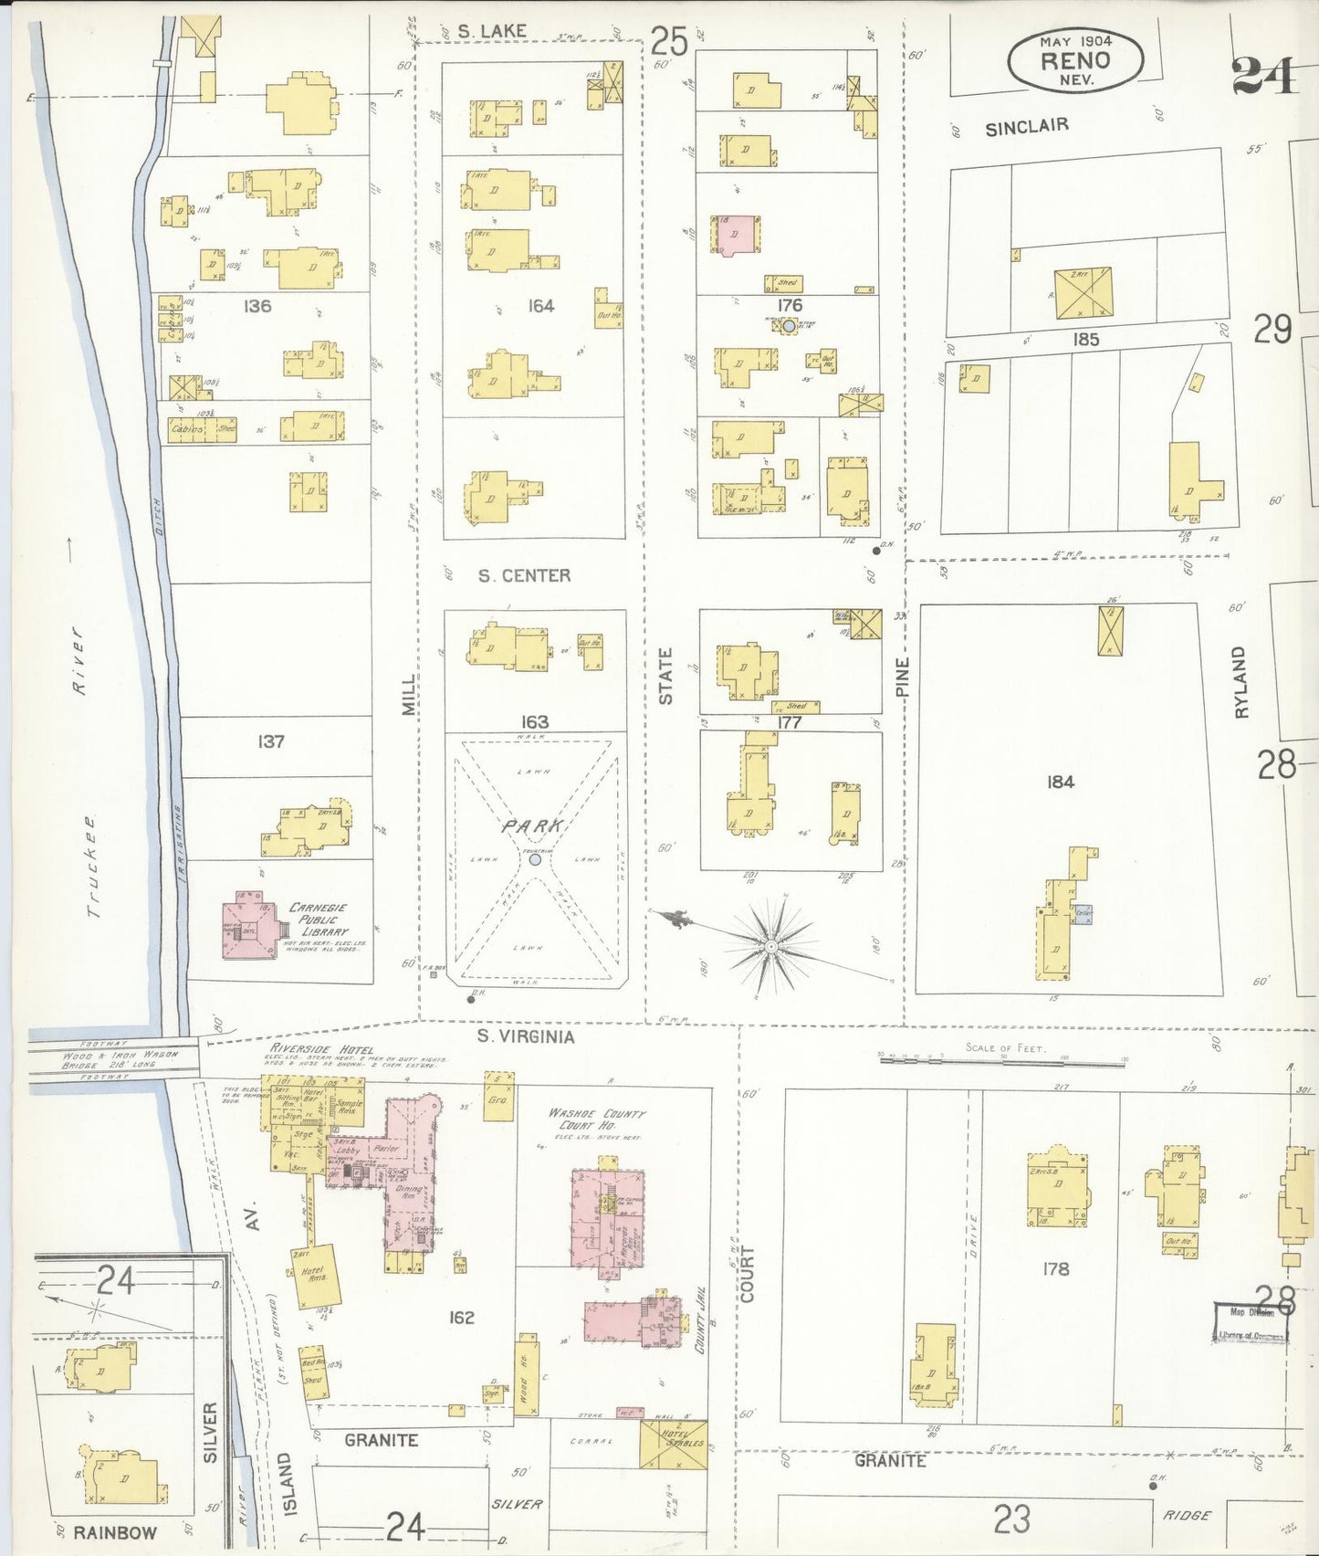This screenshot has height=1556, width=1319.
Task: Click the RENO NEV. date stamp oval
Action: pyautogui.click(x=1074, y=59)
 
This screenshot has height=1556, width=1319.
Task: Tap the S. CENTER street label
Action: pyautogui.click(x=525, y=575)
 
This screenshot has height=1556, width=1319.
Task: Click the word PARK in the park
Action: pyautogui.click(x=534, y=825)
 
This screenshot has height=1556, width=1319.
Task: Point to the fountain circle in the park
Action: pyautogui.click(x=535, y=860)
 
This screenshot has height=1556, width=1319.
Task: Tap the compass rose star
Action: pyautogui.click(x=771, y=947)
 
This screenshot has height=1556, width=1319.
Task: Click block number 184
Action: pyautogui.click(x=1060, y=782)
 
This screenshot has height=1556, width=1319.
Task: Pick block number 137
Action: pyautogui.click(x=270, y=741)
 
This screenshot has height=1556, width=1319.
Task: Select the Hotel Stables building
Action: pyautogui.click(x=674, y=1445)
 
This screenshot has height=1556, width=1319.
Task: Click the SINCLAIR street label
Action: pyautogui.click(x=1026, y=127)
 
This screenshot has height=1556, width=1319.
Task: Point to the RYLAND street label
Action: pyautogui.click(x=1240, y=682)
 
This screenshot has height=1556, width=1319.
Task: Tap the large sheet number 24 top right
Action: pyautogui.click(x=1262, y=76)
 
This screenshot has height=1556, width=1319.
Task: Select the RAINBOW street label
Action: pyautogui.click(x=115, y=1532)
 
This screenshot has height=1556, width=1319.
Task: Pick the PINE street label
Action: pyautogui.click(x=902, y=678)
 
